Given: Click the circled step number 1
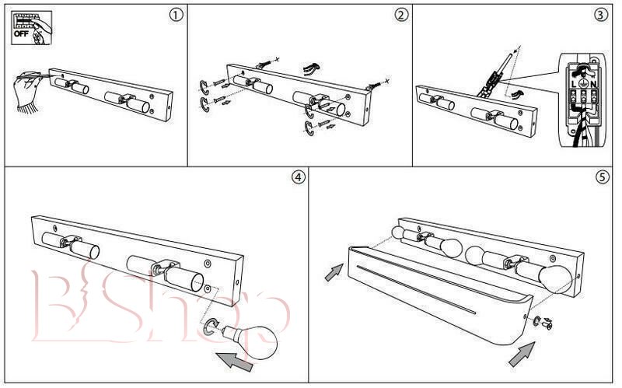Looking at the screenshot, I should pyautogui.click(x=177, y=15).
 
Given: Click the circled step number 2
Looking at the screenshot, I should pyautogui.click(x=401, y=15).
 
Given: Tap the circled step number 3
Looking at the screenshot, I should pyautogui.click(x=600, y=15).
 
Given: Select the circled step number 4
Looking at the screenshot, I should pyautogui.click(x=299, y=177).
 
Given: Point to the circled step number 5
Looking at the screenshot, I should pyautogui.click(x=602, y=177).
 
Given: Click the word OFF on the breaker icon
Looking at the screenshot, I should pyautogui.click(x=18, y=33).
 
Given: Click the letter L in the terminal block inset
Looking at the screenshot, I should pyautogui.click(x=574, y=83).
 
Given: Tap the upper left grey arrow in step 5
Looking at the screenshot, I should pyautogui.click(x=333, y=272).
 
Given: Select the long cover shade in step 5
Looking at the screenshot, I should pyautogui.click(x=435, y=295).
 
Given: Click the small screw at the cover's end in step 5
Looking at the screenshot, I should pyautogui.click(x=548, y=323).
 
